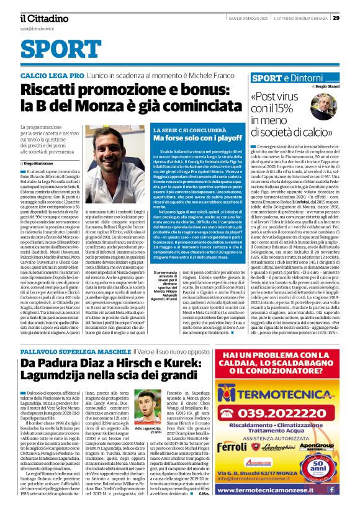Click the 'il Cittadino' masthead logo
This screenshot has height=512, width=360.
click(43, 19)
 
